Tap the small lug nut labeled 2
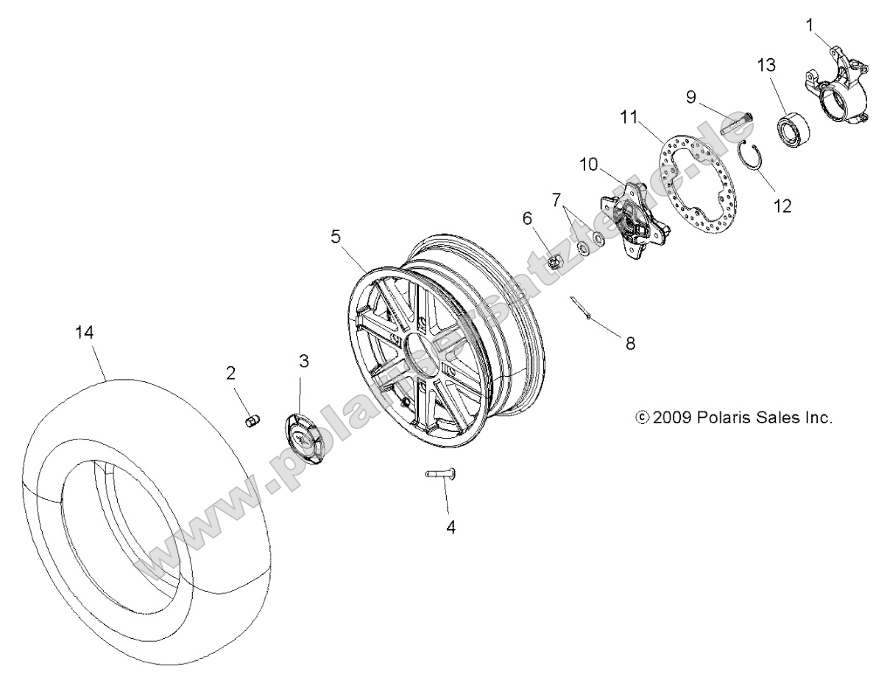point(250,421)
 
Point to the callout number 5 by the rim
point(336,236)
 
